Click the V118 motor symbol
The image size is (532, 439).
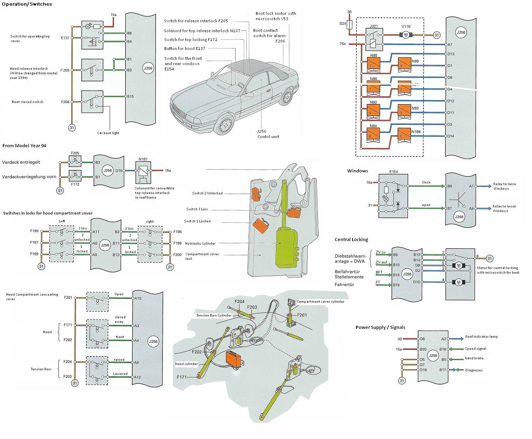point(405,35)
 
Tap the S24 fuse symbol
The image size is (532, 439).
point(349,24)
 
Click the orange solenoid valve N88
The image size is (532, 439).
point(374,63)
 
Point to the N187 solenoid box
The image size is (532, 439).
point(143,170)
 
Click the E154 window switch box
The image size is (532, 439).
point(393,195)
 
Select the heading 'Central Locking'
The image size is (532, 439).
point(351,239)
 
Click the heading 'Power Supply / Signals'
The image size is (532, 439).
point(380,327)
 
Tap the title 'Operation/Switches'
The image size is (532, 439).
point(27,4)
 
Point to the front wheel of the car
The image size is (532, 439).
point(226,125)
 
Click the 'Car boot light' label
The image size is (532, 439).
point(108,133)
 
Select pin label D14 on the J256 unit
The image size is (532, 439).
point(450,136)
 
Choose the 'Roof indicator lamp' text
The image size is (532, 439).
point(481,337)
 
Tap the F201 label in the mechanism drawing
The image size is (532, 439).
point(302,315)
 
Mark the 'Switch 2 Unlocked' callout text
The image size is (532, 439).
point(207,193)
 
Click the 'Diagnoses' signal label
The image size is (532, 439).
point(474,370)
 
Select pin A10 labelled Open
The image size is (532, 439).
point(138,298)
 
